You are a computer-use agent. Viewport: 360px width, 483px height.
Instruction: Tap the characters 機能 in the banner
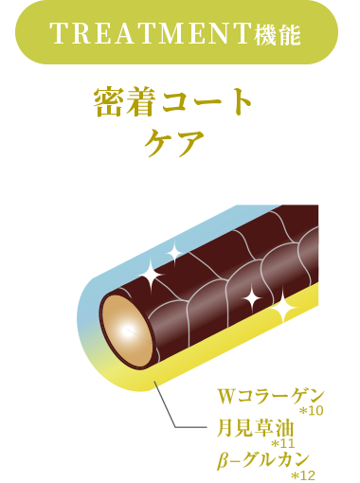(277, 36)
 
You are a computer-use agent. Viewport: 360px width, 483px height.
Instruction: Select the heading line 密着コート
(174, 103)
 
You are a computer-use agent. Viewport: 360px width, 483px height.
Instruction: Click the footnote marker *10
(311, 411)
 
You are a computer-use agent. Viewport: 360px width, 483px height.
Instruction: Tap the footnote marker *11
(283, 443)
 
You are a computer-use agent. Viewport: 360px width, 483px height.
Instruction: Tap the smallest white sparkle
(174, 251)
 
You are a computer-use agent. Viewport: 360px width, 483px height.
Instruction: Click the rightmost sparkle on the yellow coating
(281, 307)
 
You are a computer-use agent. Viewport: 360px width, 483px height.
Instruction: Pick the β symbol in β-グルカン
(223, 461)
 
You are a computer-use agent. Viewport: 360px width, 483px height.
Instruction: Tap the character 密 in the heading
(106, 103)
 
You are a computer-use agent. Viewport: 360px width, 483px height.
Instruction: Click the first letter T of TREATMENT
(55, 35)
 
